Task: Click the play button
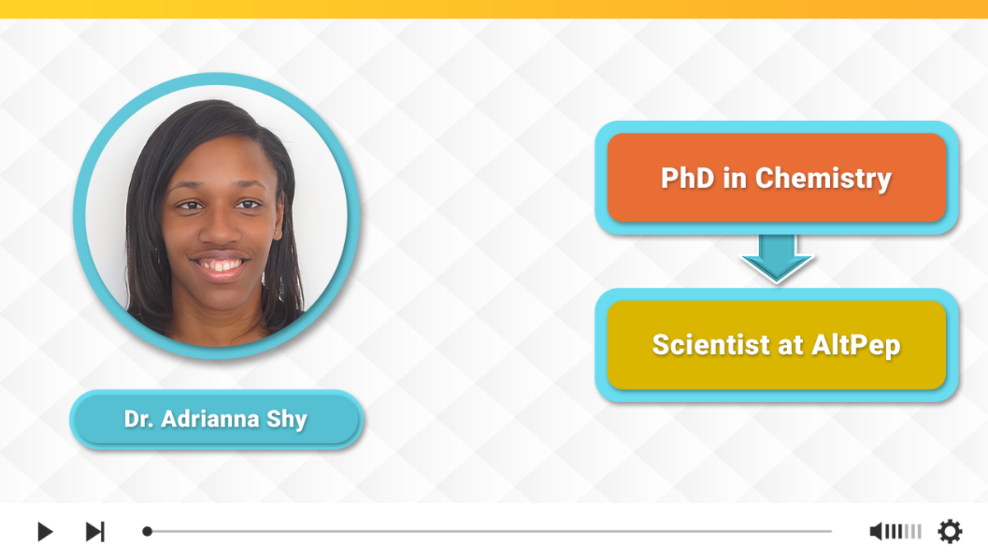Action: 45,531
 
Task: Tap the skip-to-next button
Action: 96,531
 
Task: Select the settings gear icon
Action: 949,531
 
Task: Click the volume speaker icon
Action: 876,531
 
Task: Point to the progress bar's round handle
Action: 147,531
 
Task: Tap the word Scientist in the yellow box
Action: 711,345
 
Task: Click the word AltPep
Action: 855,346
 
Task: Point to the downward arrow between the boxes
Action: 776,259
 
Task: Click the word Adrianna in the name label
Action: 210,419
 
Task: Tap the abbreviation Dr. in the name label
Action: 139,419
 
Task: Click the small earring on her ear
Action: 276,232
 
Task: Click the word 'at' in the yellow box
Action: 790,346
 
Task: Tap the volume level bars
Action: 903,531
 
